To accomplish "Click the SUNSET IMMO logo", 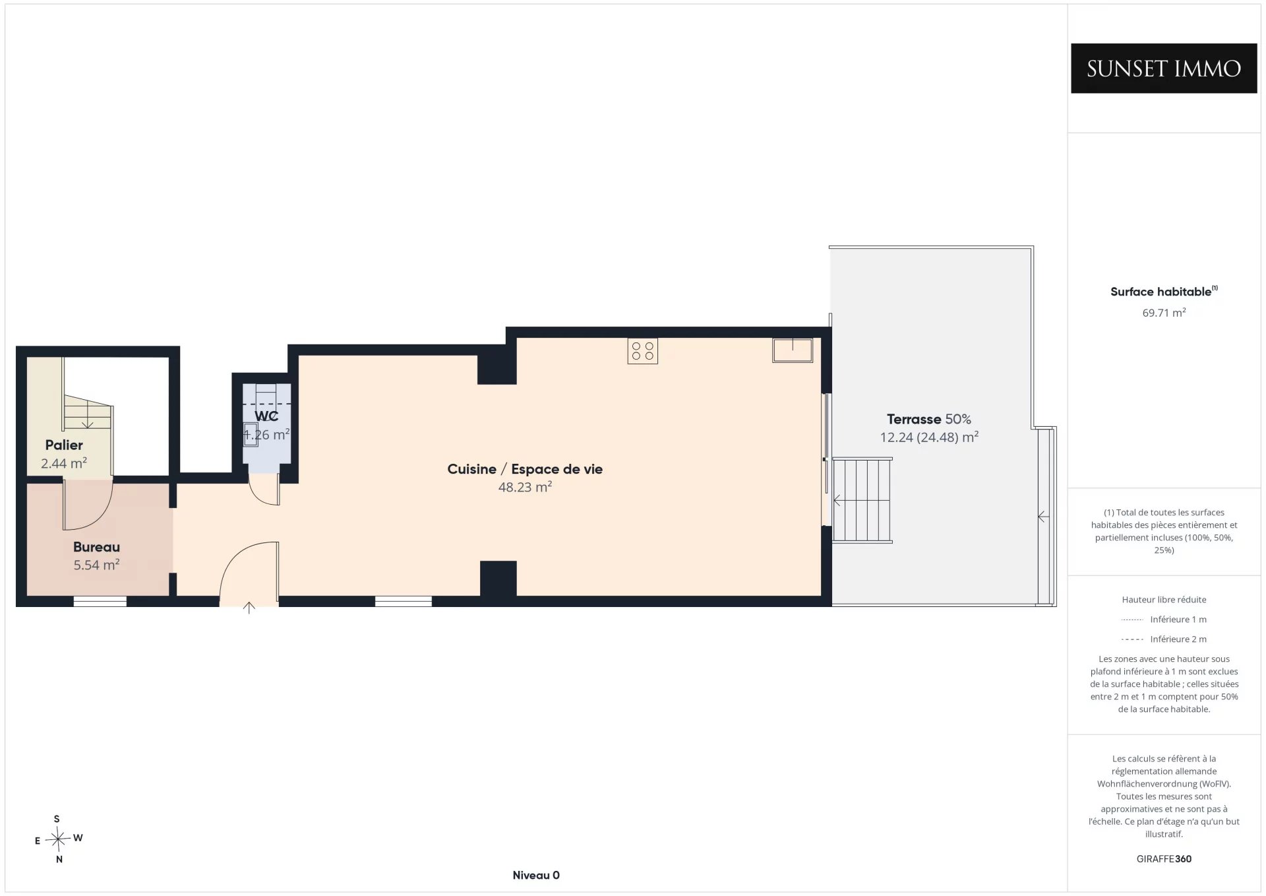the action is pos(1164,68).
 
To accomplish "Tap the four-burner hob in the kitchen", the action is pos(643,351).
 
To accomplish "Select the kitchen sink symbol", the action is pos(793,350).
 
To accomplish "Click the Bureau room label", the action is pos(96,547).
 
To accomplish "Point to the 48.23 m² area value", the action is pos(525,487).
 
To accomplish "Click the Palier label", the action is pos(64,445).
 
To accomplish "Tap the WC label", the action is pos(266,416).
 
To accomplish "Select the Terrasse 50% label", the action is pos(929,419).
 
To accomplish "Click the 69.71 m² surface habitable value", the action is pos(1164,313).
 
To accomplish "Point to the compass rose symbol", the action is pos(59,839).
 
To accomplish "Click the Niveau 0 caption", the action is pos(536,876).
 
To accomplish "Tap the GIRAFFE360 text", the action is pos(1164,859).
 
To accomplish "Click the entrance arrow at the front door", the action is pos(249,608).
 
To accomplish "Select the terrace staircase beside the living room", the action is pos(862,500).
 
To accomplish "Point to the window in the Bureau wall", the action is pos(100,601).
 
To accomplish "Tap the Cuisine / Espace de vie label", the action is pos(525,469).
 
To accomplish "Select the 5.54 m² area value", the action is pos(96,565).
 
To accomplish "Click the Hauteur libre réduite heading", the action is pos(1164,600).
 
